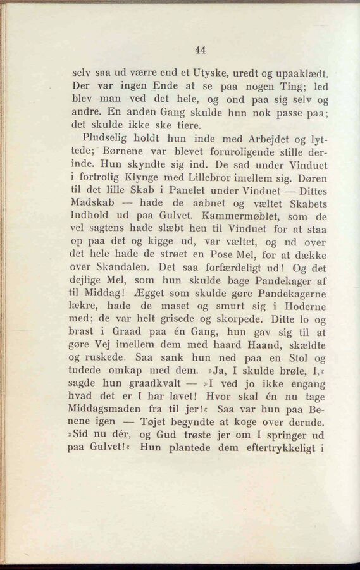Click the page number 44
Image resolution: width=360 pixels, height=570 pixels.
point(201,51)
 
